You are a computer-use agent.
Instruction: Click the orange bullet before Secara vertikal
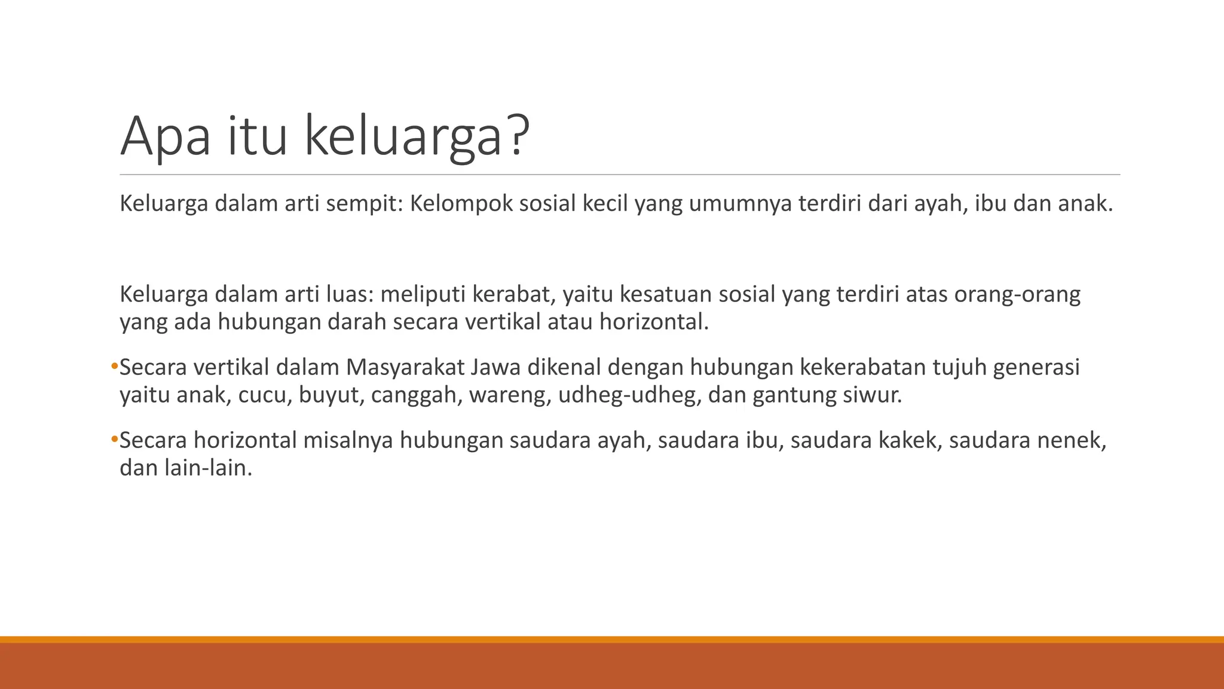(x=114, y=366)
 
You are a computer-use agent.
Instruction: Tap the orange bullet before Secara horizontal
(x=114, y=440)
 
